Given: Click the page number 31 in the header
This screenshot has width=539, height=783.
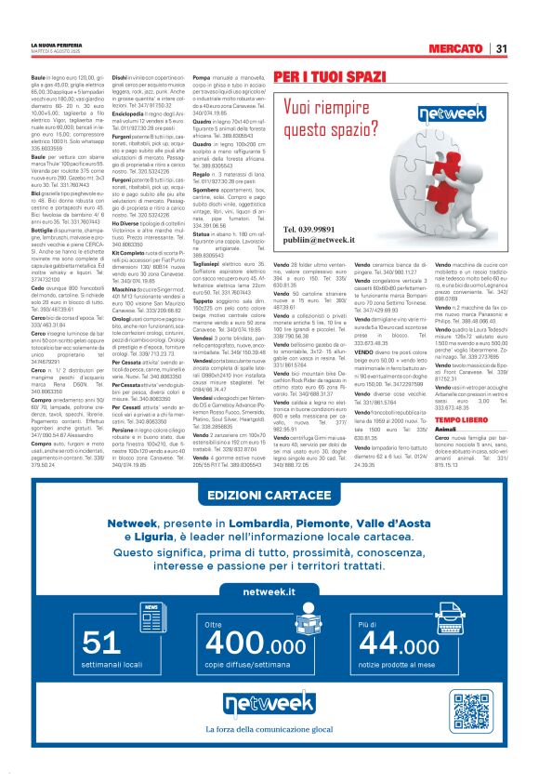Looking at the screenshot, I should (x=500, y=48).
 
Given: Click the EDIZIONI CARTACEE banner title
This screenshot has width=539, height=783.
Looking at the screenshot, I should (x=269, y=521).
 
